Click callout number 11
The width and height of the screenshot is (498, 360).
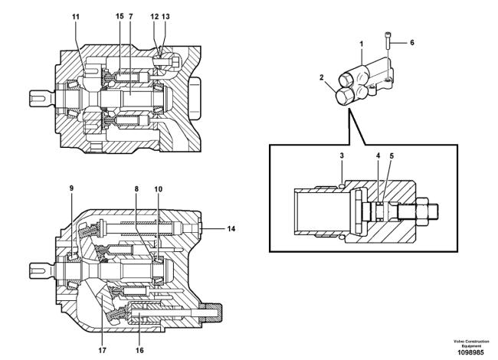[76, 17]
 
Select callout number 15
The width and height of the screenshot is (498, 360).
[120, 16]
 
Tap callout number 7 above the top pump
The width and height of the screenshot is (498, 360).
[131, 16]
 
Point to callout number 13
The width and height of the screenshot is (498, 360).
[165, 16]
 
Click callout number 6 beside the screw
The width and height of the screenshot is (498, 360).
[412, 43]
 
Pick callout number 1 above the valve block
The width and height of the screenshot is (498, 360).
[361, 44]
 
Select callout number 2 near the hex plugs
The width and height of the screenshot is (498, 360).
[322, 77]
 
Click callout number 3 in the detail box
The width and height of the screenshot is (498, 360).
[342, 155]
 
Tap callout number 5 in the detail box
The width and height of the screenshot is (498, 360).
[392, 156]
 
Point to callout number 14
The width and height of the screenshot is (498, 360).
[231, 228]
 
